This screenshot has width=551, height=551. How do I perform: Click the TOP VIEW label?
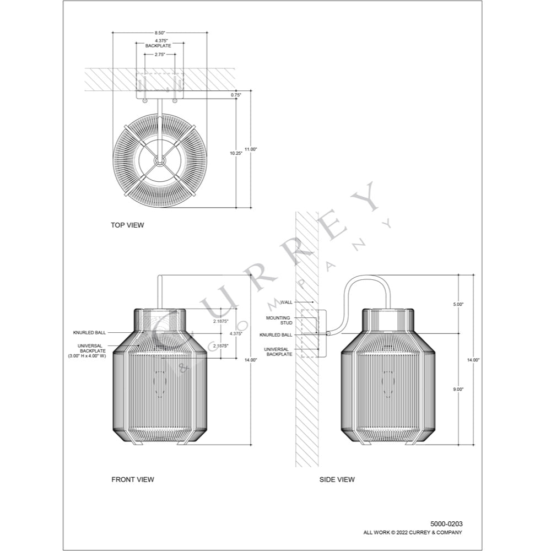[127, 225]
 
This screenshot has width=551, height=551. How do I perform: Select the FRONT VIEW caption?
[132, 479]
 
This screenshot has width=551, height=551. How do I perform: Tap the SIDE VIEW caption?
[337, 479]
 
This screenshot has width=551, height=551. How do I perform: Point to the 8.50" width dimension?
[160, 33]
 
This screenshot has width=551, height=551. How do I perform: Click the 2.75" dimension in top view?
[160, 55]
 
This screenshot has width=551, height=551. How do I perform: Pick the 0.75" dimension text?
[236, 95]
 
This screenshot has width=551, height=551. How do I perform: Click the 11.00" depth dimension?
[251, 149]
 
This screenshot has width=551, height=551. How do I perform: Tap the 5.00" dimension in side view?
[458, 304]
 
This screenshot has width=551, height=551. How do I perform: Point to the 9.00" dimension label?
[458, 390]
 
